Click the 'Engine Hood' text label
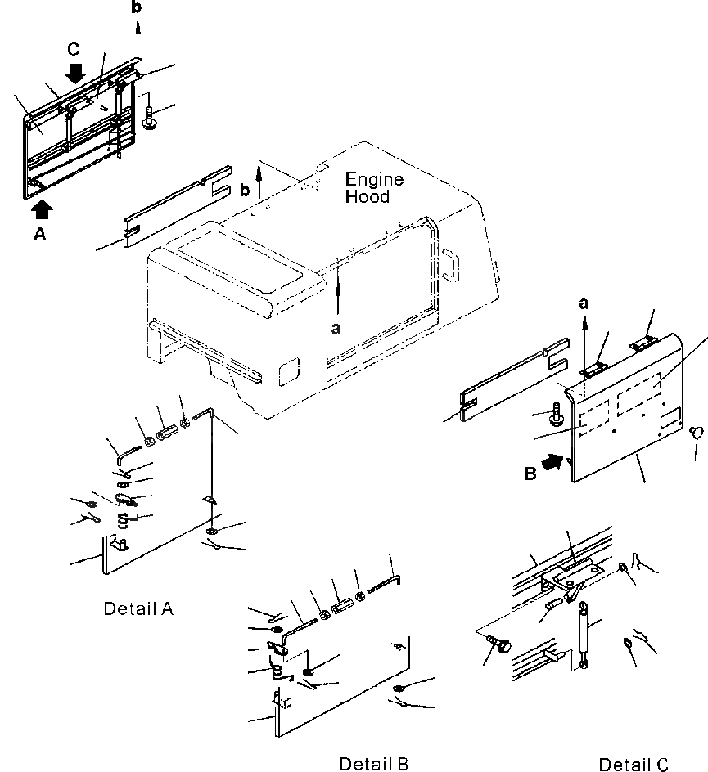coord(368,187)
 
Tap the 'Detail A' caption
coord(138,608)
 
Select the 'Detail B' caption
coord(373,763)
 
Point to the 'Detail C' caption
coord(634,765)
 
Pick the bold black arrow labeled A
coord(43,209)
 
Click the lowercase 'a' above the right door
coord(584,303)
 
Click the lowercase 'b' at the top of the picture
coord(137,7)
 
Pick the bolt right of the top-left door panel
coord(149,119)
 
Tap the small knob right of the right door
coord(696,431)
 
